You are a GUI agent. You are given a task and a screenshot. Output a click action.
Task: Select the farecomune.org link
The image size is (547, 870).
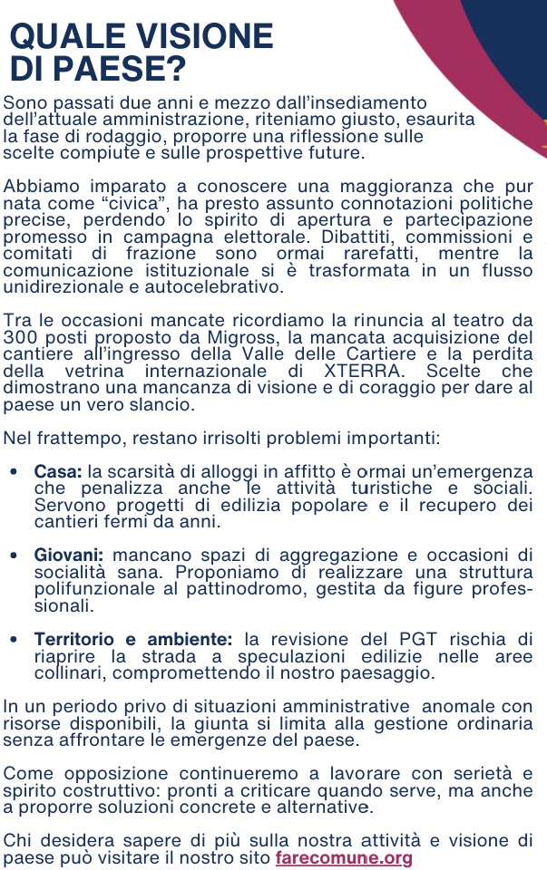coord(344,857)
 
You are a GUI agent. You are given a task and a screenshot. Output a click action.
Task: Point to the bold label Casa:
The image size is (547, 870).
coord(58,472)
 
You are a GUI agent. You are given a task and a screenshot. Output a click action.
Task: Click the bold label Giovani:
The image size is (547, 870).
coord(69,555)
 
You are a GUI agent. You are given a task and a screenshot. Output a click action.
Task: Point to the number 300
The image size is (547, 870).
coord(20,338)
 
